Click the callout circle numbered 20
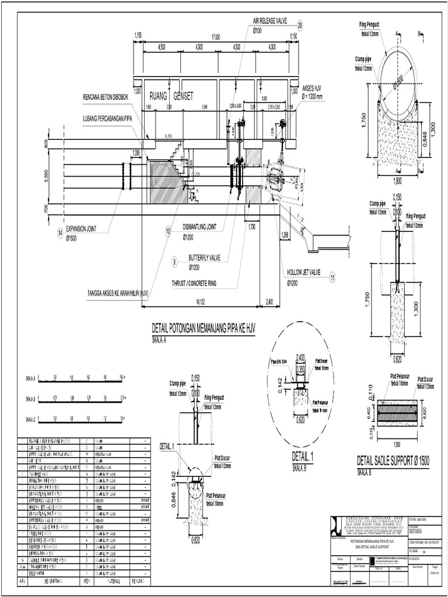click(300, 25)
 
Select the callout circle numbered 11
click(332, 278)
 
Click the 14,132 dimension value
click(202, 301)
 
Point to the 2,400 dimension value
click(269, 301)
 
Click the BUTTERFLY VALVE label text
click(204, 257)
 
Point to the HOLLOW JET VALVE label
click(304, 272)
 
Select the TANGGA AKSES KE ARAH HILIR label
click(118, 294)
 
